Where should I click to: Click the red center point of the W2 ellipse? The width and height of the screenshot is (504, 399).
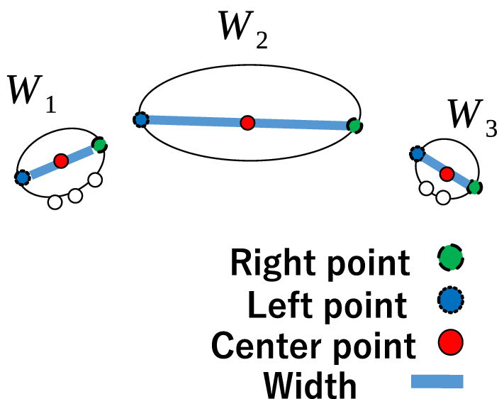point(247,123)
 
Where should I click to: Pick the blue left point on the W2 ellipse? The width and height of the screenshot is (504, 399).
point(140,120)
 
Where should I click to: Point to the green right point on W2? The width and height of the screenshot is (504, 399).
point(354,126)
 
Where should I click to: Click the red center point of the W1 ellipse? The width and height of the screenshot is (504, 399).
point(61,161)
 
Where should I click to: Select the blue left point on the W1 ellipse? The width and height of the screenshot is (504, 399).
point(22,177)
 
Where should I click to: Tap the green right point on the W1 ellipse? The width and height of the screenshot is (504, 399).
point(99,145)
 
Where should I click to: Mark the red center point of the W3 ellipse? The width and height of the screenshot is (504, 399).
point(447,173)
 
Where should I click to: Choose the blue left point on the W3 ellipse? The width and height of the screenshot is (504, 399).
point(418,153)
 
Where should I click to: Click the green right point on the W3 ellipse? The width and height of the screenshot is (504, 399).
point(475,187)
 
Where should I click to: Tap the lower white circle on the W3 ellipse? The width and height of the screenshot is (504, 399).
point(443,197)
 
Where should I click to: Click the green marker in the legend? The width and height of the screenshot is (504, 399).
point(449,259)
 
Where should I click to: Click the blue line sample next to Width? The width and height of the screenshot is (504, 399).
point(437,382)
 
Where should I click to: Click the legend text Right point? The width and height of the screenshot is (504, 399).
point(320,263)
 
